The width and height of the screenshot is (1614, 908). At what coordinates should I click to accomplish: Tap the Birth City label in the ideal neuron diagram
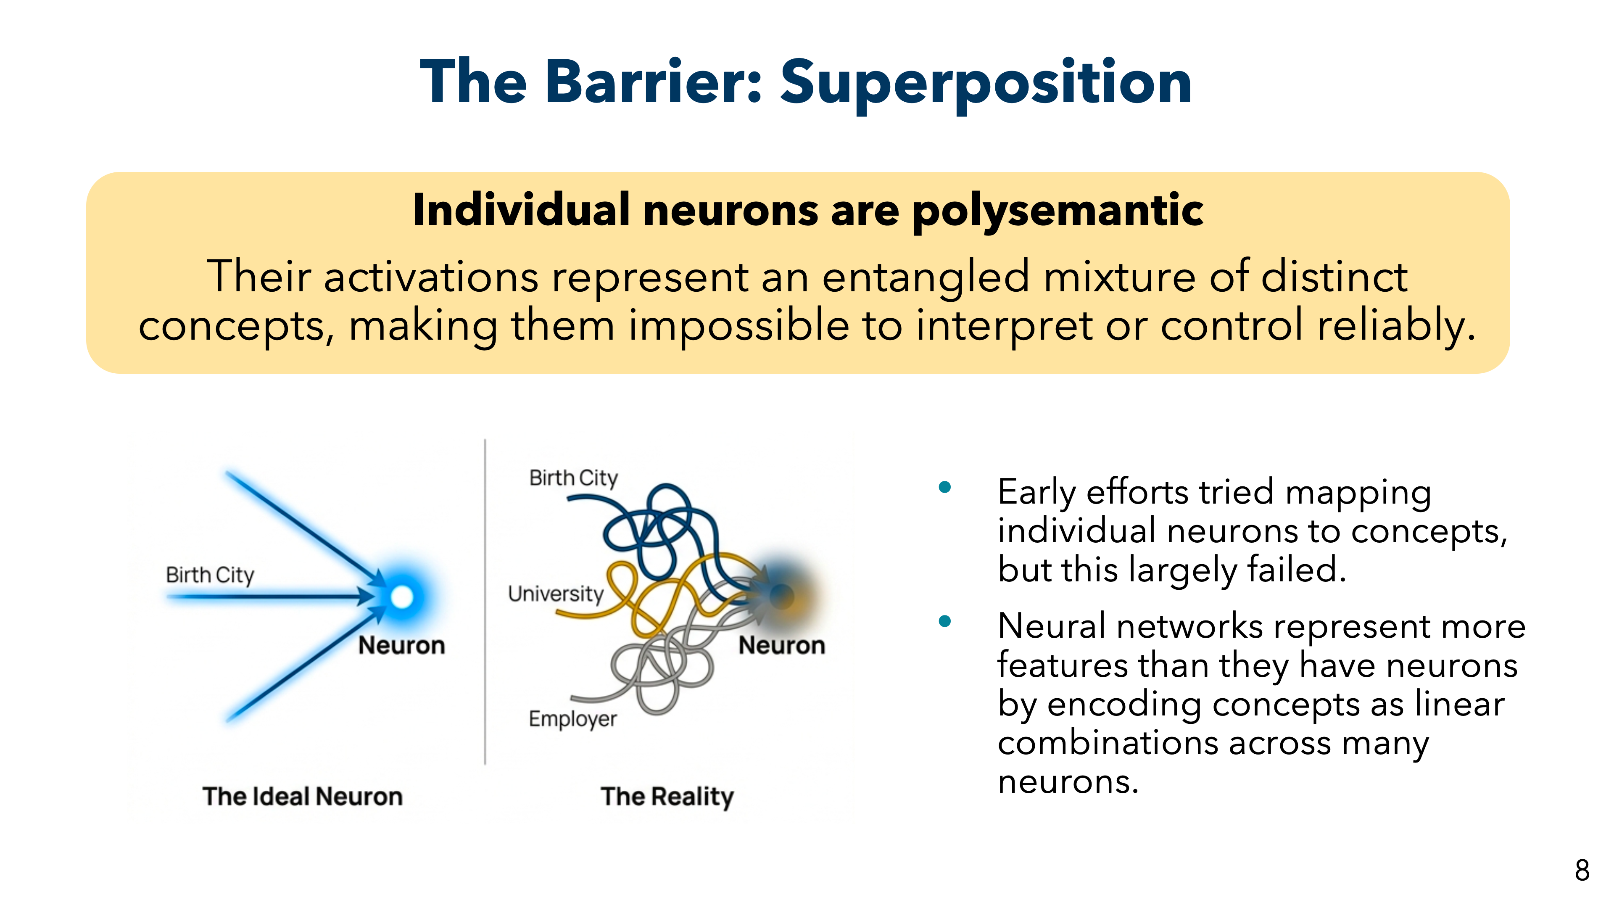click(x=210, y=575)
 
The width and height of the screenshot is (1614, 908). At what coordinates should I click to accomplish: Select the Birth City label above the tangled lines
click(x=573, y=478)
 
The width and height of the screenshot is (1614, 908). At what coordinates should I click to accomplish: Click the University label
click(x=555, y=594)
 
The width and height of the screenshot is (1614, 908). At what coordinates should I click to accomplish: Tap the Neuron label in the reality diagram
click(x=781, y=645)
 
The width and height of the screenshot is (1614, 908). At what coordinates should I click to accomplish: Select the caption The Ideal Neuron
click(x=302, y=797)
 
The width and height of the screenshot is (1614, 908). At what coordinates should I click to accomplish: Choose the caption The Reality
click(x=667, y=797)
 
